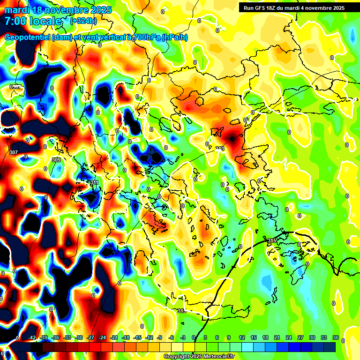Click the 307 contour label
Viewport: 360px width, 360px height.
[13, 152]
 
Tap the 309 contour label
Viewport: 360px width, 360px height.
[56, 160]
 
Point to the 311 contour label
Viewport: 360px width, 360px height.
[94, 182]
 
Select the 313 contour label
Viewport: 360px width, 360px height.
[220, 149]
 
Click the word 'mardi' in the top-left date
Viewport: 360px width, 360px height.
[16, 10]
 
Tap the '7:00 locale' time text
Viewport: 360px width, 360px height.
[33, 21]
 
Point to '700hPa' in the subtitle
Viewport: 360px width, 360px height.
[147, 37]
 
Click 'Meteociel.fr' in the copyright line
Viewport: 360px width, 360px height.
[217, 357]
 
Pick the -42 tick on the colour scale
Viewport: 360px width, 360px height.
[32, 337]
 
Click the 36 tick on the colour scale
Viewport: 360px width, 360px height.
[336, 337]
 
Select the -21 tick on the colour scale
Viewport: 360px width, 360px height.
[114, 337]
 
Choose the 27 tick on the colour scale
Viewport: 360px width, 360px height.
[300, 337]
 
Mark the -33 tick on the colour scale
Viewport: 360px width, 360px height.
[67, 337]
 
